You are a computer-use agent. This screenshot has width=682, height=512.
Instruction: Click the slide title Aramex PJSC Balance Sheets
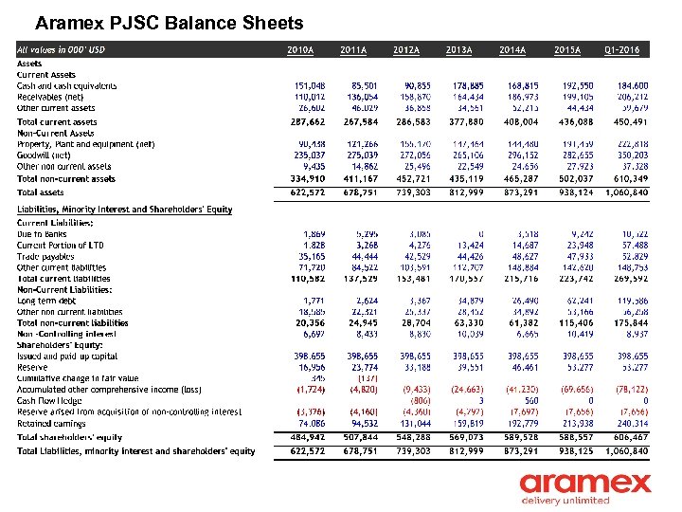169,23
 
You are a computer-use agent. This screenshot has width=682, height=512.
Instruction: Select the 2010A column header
300,49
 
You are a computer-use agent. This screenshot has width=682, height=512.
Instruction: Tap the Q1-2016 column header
622,49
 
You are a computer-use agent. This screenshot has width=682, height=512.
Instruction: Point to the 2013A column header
459,49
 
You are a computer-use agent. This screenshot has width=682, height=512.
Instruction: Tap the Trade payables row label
46,256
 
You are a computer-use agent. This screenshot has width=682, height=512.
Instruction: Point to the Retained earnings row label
52,423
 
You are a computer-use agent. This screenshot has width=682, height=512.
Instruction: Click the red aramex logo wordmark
585,484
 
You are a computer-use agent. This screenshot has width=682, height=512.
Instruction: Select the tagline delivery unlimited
565,501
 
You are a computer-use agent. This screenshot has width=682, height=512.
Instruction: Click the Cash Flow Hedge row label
50,400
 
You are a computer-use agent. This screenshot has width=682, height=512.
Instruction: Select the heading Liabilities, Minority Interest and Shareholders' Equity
124,210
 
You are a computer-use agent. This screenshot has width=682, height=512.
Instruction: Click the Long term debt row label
46,301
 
